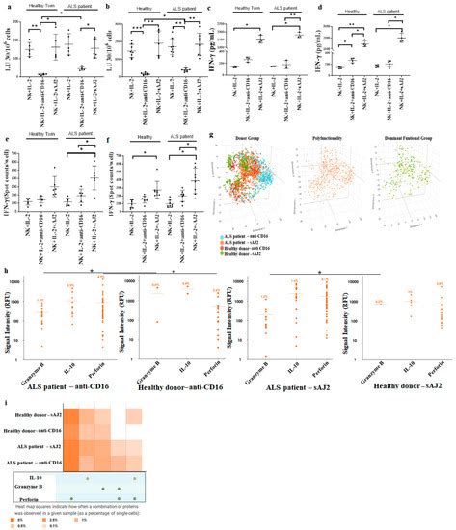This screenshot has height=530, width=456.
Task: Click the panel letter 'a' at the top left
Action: point(6,7)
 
